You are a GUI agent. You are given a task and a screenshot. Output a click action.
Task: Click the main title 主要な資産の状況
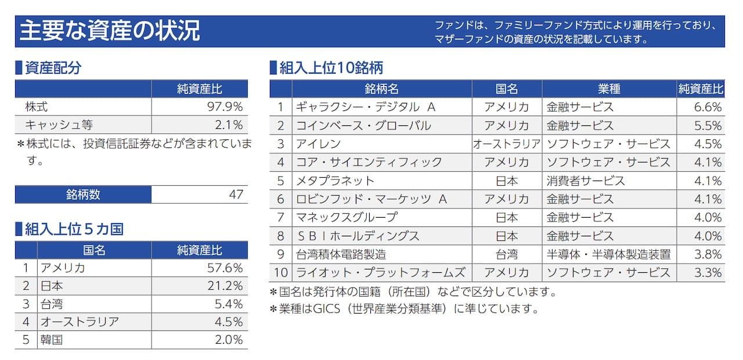[x=110, y=31]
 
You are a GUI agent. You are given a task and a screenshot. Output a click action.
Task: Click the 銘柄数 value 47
[x=236, y=195]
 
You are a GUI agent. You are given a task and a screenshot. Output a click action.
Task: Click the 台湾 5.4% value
[x=228, y=304]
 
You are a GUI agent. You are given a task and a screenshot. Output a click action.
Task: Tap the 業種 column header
[x=609, y=89]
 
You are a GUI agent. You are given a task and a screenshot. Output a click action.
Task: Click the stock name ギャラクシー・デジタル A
[x=366, y=107]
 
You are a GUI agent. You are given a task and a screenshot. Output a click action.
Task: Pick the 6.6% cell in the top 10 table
[x=708, y=107]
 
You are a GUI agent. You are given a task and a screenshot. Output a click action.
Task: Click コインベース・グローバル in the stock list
[x=363, y=125]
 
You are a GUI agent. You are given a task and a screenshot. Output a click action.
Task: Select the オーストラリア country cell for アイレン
[x=506, y=144]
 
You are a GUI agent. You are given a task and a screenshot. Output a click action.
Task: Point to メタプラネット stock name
[x=335, y=181]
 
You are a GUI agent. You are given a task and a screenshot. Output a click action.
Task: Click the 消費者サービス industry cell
[x=586, y=181]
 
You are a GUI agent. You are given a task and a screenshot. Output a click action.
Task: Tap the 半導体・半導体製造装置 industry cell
[x=608, y=254]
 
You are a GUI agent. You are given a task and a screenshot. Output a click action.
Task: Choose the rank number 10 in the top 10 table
[x=281, y=272]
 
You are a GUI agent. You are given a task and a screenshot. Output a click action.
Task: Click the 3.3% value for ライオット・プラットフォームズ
[x=708, y=272]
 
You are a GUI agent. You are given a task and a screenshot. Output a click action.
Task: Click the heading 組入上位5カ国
[x=74, y=229]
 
